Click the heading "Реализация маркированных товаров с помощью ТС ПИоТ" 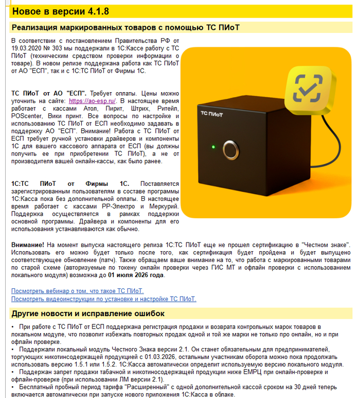pos(125,27)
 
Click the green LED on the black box pos(213,147)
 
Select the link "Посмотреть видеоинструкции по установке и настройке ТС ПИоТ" pos(103,299)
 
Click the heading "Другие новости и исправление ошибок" pos(88,314)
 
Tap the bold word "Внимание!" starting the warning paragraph pos(28,245)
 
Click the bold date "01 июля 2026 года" pos(137,275)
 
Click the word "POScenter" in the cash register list pos(26,116)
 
